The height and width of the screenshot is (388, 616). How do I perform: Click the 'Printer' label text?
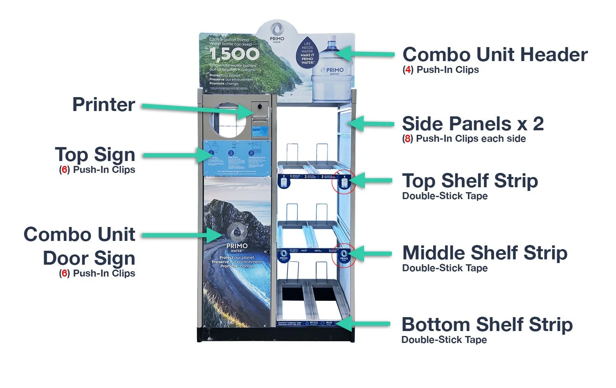103,104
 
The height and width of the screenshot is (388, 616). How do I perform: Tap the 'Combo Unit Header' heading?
495,55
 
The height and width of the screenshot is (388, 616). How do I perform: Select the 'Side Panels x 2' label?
473,124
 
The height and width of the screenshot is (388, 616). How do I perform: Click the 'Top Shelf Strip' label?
470,181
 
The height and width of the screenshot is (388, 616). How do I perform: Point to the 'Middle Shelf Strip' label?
485,253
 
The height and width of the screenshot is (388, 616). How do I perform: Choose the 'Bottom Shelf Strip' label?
487,325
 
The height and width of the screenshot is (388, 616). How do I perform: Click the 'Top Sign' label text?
95,155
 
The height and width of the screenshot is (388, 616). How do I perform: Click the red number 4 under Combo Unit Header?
408,70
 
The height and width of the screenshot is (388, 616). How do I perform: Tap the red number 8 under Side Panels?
407,139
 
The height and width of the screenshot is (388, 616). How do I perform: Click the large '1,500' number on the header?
234,54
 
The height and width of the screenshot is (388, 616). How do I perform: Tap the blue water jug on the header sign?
332,70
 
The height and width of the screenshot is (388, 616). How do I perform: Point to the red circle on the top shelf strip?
344,182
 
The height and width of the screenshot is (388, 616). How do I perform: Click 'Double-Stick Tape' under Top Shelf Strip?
445,196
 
